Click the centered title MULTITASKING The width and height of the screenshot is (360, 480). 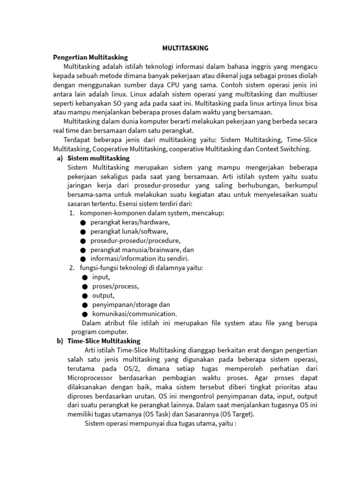[185, 48]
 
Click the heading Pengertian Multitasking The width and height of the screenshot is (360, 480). [90, 57]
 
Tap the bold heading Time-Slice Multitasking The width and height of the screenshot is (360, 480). [104, 341]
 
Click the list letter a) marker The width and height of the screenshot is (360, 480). [60, 158]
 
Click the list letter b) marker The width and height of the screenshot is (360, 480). [60, 341]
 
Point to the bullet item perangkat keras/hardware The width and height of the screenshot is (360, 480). [130, 222]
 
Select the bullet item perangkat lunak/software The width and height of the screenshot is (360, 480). [129, 231]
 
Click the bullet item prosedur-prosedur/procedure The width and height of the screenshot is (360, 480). [135, 240]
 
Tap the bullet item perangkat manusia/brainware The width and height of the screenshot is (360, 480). [142, 249]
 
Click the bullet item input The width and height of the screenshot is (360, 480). [101, 277]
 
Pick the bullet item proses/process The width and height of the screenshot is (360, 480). [115, 286]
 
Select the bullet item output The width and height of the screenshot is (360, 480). [103, 295]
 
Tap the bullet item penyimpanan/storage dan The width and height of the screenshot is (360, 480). [131, 305]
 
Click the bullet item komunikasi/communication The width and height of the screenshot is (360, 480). [135, 314]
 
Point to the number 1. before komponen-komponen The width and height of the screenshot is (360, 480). [72, 213]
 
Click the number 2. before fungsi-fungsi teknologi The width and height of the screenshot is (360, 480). [72, 268]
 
